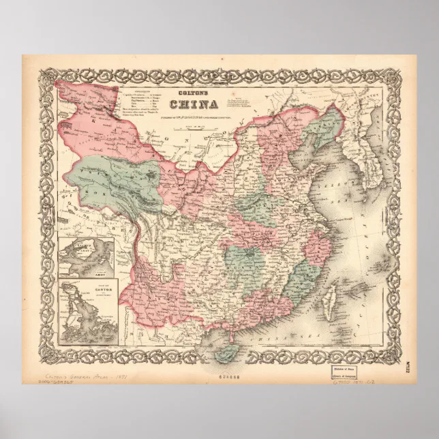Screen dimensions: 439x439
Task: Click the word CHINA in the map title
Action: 194,104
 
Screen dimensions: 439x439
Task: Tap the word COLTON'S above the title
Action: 194,94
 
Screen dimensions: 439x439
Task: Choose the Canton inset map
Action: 89,311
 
